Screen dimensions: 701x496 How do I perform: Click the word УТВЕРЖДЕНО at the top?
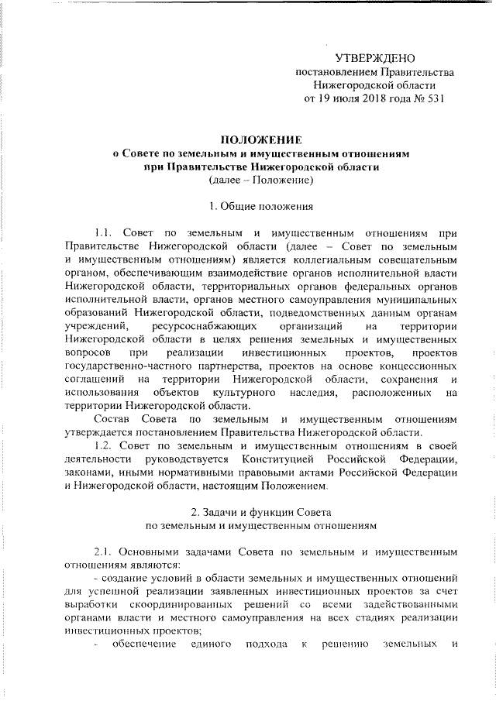point(374,59)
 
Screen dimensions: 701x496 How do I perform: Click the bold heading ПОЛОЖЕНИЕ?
point(260,140)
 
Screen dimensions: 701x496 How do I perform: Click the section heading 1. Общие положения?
point(260,207)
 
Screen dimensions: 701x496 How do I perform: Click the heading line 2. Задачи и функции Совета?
point(260,511)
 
